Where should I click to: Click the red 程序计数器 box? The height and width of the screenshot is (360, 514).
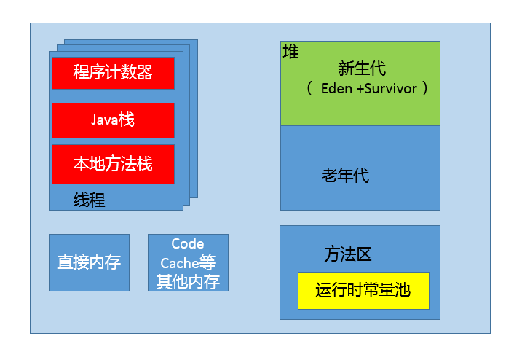point(113,73)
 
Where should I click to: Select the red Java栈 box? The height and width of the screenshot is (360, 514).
point(113,120)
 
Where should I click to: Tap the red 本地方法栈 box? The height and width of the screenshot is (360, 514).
point(113,164)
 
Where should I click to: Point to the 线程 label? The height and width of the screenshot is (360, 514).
point(89,200)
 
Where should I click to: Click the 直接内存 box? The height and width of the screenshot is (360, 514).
point(89,262)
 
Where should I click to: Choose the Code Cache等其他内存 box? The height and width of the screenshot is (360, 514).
point(188,262)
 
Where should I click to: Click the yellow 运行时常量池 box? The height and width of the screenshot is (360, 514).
point(363,290)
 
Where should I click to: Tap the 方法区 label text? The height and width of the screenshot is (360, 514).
point(348,254)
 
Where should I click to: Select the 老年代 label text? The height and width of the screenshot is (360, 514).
point(345,176)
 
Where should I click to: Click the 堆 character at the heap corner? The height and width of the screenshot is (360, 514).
point(290,52)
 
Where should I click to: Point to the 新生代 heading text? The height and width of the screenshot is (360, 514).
point(362,69)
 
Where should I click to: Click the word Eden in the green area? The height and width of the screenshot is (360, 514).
point(336,89)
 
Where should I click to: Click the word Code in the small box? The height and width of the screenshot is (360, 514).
point(188,243)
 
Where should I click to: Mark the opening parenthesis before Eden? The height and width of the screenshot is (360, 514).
point(309,89)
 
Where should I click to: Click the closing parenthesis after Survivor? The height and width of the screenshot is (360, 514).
point(424,89)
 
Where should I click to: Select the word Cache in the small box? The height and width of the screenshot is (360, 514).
point(180,263)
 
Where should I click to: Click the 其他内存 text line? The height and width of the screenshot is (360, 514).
point(188,281)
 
